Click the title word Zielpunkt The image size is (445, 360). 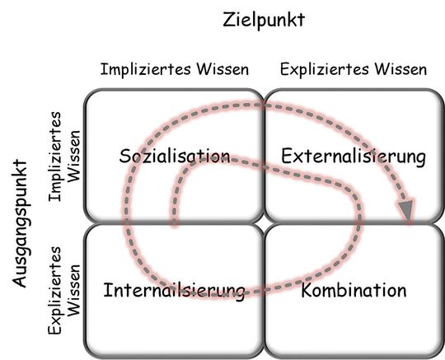click(264, 20)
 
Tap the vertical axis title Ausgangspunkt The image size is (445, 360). click(19, 223)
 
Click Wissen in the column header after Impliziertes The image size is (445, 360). click(219, 69)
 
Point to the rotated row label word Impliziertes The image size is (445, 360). click(56, 154)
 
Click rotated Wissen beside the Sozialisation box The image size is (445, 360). click(73, 154)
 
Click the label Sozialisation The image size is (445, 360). click(174, 156)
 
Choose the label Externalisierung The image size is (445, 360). click(353, 156)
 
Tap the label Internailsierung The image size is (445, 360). click(175, 290)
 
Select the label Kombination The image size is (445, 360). click(354, 290)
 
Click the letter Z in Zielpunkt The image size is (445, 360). click(229, 20)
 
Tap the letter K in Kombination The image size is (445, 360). click(307, 290)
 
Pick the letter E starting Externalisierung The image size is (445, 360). click(286, 156)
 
